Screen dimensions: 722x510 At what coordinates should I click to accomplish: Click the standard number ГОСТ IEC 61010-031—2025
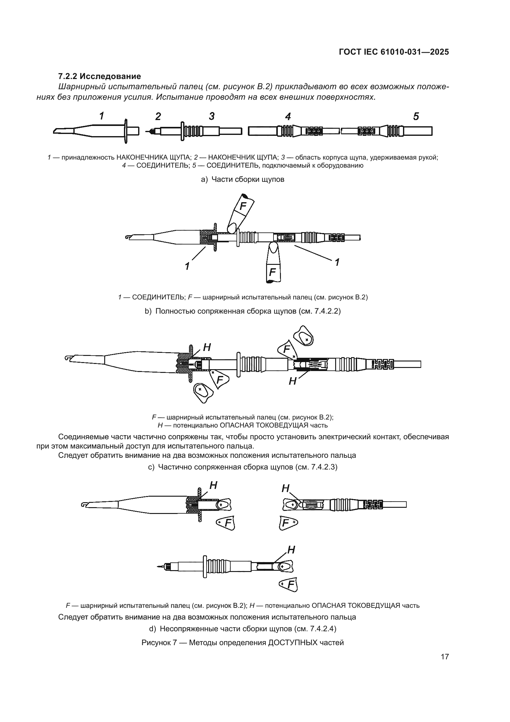click(394, 52)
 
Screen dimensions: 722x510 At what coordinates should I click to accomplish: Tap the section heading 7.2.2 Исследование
click(100, 77)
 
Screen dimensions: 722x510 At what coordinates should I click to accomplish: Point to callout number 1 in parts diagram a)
click(102, 116)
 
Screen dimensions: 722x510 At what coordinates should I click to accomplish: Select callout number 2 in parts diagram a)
click(158, 117)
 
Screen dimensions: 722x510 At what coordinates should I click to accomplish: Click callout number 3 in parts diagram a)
click(212, 116)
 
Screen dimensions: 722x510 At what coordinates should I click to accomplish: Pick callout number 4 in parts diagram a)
click(288, 117)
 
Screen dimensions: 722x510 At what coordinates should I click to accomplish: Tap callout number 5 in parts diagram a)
click(416, 117)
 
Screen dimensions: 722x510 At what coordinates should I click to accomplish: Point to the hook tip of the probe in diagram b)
click(128, 237)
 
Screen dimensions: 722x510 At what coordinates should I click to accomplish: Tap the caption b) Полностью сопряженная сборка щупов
click(242, 311)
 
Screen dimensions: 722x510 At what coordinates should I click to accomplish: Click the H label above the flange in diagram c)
click(207, 347)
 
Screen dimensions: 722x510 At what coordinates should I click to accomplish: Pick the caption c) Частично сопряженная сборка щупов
click(242, 467)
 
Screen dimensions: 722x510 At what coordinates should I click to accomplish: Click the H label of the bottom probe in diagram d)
click(291, 550)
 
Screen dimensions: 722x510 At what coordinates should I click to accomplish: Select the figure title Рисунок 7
click(242, 642)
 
